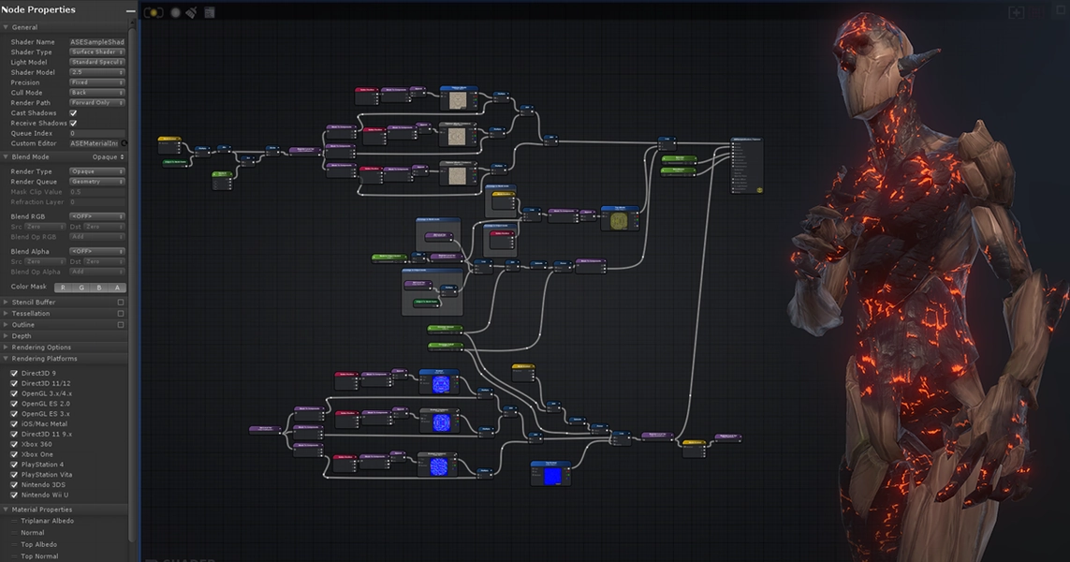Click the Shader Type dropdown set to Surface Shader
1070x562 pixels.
(x=97, y=52)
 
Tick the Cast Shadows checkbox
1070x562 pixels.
(x=73, y=113)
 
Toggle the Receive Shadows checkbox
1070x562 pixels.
(x=73, y=124)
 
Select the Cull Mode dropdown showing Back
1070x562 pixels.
(x=97, y=93)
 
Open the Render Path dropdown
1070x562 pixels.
(x=97, y=103)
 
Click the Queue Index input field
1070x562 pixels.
(x=97, y=134)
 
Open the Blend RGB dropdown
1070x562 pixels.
(x=97, y=216)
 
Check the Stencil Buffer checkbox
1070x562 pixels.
(x=121, y=303)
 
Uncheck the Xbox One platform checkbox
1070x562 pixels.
(x=14, y=454)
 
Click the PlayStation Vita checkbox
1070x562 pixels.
(x=14, y=475)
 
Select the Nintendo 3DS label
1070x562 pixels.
(x=43, y=485)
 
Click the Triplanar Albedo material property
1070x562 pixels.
(x=47, y=521)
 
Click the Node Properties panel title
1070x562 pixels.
(x=38, y=9)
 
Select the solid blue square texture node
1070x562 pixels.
(x=551, y=476)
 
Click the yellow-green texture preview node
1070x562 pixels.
(x=619, y=220)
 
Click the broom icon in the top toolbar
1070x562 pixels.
(x=191, y=12)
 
